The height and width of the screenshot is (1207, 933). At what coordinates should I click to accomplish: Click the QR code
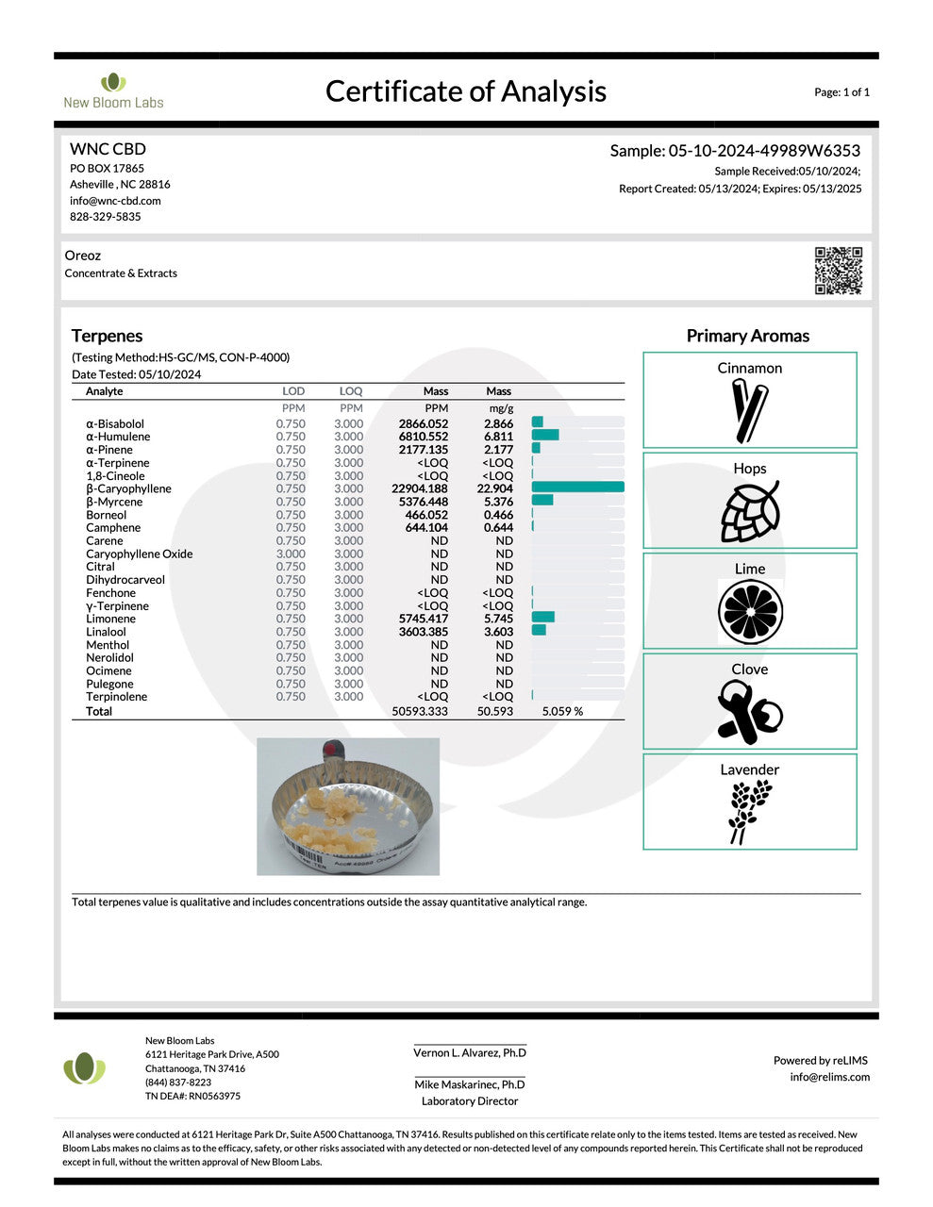click(838, 271)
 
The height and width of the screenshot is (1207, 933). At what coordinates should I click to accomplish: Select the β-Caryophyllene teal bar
click(577, 488)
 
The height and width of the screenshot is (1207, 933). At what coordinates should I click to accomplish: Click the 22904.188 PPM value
click(420, 488)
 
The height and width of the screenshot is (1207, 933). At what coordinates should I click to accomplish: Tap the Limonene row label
click(110, 619)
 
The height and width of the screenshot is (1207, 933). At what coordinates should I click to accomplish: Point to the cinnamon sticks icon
click(750, 410)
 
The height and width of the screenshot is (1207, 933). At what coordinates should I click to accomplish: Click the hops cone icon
click(750, 511)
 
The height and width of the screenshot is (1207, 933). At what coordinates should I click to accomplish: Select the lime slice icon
click(750, 612)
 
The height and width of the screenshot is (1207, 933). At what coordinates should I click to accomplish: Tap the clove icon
click(750, 712)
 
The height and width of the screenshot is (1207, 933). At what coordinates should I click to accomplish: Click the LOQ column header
click(351, 390)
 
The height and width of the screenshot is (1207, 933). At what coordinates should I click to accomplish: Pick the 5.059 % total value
click(562, 711)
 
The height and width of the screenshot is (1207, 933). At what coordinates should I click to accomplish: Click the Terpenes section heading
click(107, 336)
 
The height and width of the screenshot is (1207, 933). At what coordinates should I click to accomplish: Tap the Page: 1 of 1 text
click(841, 92)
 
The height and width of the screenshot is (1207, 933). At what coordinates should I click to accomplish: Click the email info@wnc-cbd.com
click(115, 201)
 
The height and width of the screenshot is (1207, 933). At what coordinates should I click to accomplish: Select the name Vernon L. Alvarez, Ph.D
click(470, 1052)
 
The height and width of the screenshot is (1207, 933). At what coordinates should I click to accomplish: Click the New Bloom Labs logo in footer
click(85, 1068)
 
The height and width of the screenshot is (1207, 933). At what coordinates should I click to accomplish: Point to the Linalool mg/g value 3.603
click(498, 632)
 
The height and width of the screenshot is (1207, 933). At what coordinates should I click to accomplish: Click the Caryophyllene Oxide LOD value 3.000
click(291, 554)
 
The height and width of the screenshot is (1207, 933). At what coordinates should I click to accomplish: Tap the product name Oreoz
click(83, 256)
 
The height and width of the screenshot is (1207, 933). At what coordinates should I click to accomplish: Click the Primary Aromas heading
click(747, 336)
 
